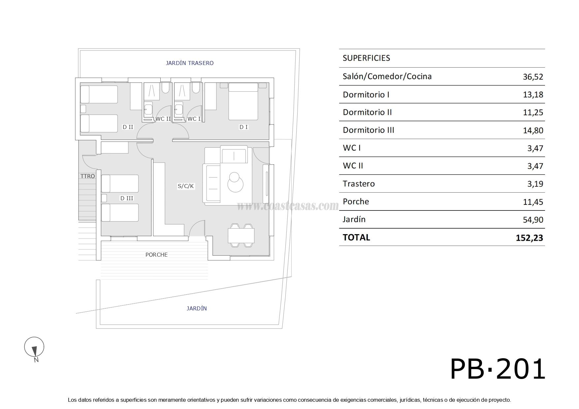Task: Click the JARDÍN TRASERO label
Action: [x=189, y=63]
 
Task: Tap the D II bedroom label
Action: [x=128, y=127]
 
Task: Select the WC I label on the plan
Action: [x=194, y=119]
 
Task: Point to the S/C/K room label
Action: [x=186, y=186]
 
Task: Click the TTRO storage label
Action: [x=87, y=176]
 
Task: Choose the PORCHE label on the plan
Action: [x=156, y=255]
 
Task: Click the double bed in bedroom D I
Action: [x=243, y=101]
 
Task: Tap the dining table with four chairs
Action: [x=241, y=236]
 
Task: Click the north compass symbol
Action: [x=34, y=347]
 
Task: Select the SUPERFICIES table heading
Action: [x=366, y=58]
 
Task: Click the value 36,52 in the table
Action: [x=533, y=77]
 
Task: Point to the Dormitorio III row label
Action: [x=369, y=130]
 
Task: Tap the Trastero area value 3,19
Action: [x=535, y=184]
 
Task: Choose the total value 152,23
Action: [x=529, y=238]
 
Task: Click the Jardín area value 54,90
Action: [x=533, y=220]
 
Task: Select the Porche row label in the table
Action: [x=356, y=202]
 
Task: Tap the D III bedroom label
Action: [x=127, y=198]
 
